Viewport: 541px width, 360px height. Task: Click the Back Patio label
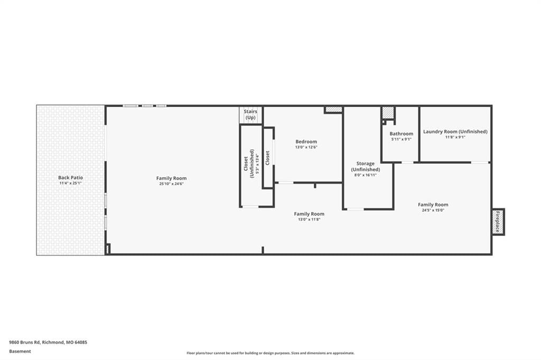[x=70, y=177]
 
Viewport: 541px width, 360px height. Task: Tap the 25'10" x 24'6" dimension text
[x=172, y=184]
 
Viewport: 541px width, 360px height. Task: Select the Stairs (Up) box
[x=250, y=115]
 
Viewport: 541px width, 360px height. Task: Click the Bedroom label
[x=306, y=141]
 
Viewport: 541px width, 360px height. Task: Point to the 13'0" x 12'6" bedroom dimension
[x=306, y=147]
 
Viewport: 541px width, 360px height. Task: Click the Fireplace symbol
[x=498, y=222]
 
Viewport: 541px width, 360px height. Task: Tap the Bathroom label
[x=402, y=134]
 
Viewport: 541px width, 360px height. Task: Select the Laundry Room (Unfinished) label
[x=455, y=131]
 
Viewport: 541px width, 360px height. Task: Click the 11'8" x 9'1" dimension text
[x=455, y=137]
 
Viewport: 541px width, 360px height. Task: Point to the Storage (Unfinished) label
[x=366, y=167]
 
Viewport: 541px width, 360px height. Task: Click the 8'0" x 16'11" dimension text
[x=366, y=175]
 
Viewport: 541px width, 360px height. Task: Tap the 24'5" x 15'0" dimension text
[x=433, y=210]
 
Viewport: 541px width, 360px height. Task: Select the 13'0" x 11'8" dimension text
[x=309, y=219]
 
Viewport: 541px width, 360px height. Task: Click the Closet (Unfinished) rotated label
[x=249, y=164]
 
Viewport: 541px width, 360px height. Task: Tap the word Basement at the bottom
[x=20, y=352]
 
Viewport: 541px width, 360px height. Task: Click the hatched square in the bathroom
[x=388, y=112]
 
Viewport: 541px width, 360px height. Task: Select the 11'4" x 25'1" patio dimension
[x=70, y=183]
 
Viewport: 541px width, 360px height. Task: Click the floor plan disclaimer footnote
[x=270, y=353]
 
